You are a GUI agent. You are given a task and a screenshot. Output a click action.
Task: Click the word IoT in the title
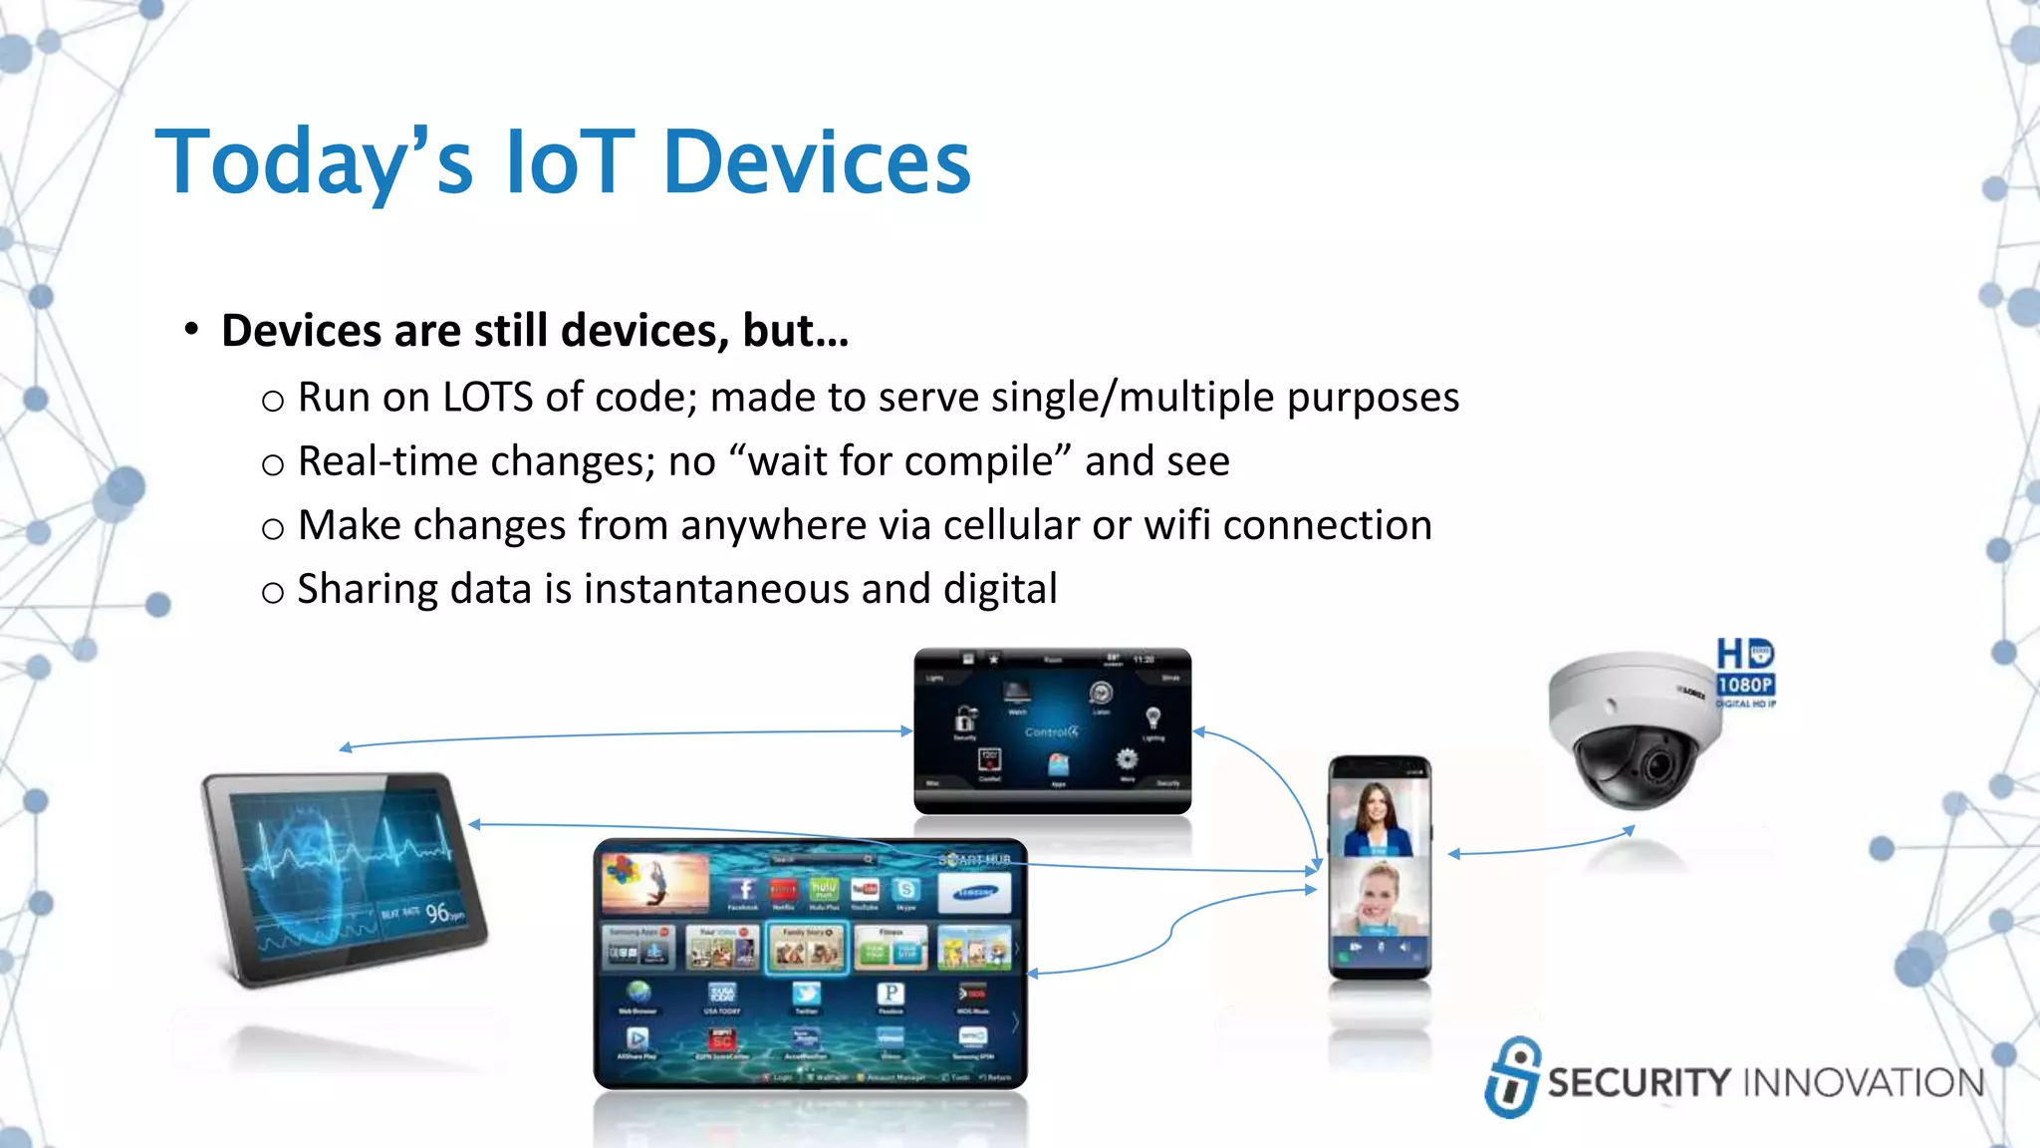[569, 161]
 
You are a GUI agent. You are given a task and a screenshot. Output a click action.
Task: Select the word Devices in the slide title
[816, 161]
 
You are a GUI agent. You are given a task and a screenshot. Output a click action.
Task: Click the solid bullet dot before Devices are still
[191, 330]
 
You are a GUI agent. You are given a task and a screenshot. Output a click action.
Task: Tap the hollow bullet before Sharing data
[272, 593]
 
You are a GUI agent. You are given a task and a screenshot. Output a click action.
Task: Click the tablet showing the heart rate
[344, 877]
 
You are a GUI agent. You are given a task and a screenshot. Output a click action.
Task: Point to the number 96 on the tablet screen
[437, 913]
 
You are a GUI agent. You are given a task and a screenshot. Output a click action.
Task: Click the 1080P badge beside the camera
[1745, 685]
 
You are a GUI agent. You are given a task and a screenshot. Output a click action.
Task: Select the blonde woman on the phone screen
[1379, 897]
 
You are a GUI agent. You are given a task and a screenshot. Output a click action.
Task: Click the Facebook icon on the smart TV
[743, 890]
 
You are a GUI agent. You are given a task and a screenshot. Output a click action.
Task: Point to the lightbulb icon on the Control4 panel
[1152, 717]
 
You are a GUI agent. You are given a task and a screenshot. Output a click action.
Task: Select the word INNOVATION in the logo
[1864, 1083]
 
